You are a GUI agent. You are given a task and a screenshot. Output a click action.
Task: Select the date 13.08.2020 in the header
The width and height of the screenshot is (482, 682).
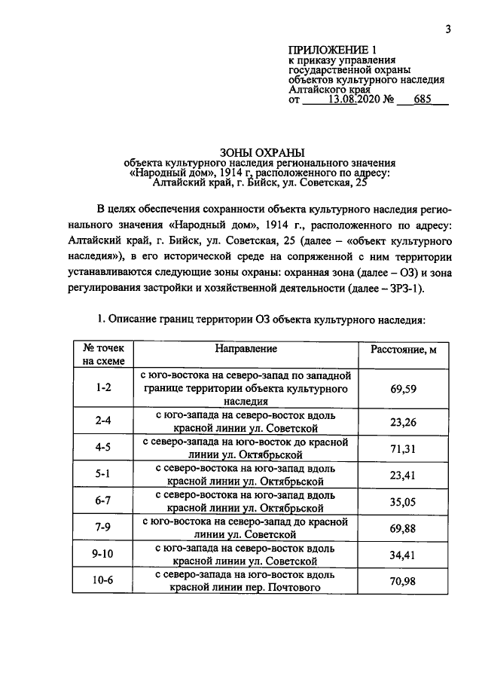point(355,99)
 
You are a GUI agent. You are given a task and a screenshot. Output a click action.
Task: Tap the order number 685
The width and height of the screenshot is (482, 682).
point(426,99)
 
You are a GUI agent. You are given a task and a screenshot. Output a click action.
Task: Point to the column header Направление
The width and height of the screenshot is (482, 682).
point(246,349)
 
